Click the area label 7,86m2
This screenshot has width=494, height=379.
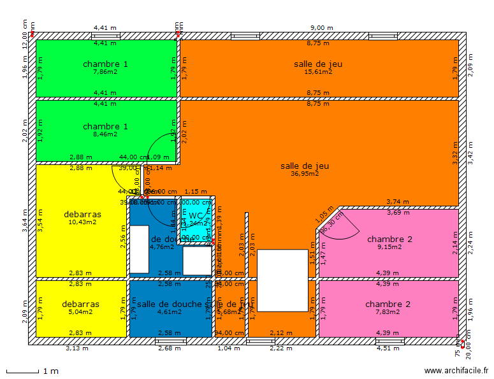105,72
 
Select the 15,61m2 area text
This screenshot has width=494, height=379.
317,72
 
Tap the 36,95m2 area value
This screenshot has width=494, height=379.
305,173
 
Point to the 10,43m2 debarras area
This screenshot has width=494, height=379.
82,222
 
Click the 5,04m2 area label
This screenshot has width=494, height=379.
81,312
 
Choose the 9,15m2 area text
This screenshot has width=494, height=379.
389,247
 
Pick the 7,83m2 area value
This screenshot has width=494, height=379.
388,312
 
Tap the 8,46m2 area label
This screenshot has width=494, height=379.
105,134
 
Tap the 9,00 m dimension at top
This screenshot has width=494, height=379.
321,28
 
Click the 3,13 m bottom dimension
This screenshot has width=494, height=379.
77,348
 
